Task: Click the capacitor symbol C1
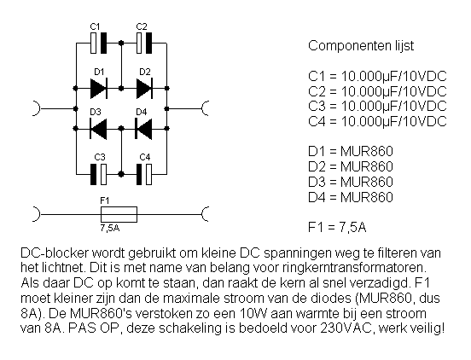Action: [98, 43]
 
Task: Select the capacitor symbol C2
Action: [144, 43]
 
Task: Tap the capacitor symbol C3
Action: [98, 174]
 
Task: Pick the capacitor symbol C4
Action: [144, 174]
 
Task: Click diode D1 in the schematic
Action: [99, 88]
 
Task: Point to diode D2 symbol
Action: [144, 88]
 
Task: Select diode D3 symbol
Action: [98, 129]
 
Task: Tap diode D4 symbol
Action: [144, 129]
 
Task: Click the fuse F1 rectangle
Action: [119, 214]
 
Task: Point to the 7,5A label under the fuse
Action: [110, 228]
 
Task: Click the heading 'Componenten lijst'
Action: [361, 46]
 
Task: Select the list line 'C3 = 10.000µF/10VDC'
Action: [377, 107]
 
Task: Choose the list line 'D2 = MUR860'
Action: [351, 166]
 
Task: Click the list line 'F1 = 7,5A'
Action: [337, 227]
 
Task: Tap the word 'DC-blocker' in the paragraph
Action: [55, 253]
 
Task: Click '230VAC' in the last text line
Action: [346, 328]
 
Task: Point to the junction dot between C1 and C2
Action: [121, 43]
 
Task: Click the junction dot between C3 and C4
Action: [121, 174]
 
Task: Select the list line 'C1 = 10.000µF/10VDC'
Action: [377, 76]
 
